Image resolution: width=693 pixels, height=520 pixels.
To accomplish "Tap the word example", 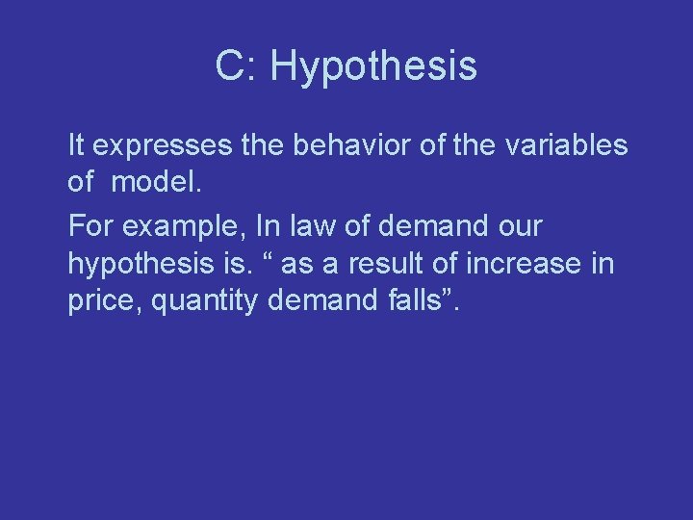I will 184,227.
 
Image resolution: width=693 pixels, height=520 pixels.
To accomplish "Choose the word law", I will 301,226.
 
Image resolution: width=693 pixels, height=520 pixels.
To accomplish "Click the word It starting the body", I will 76,145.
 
